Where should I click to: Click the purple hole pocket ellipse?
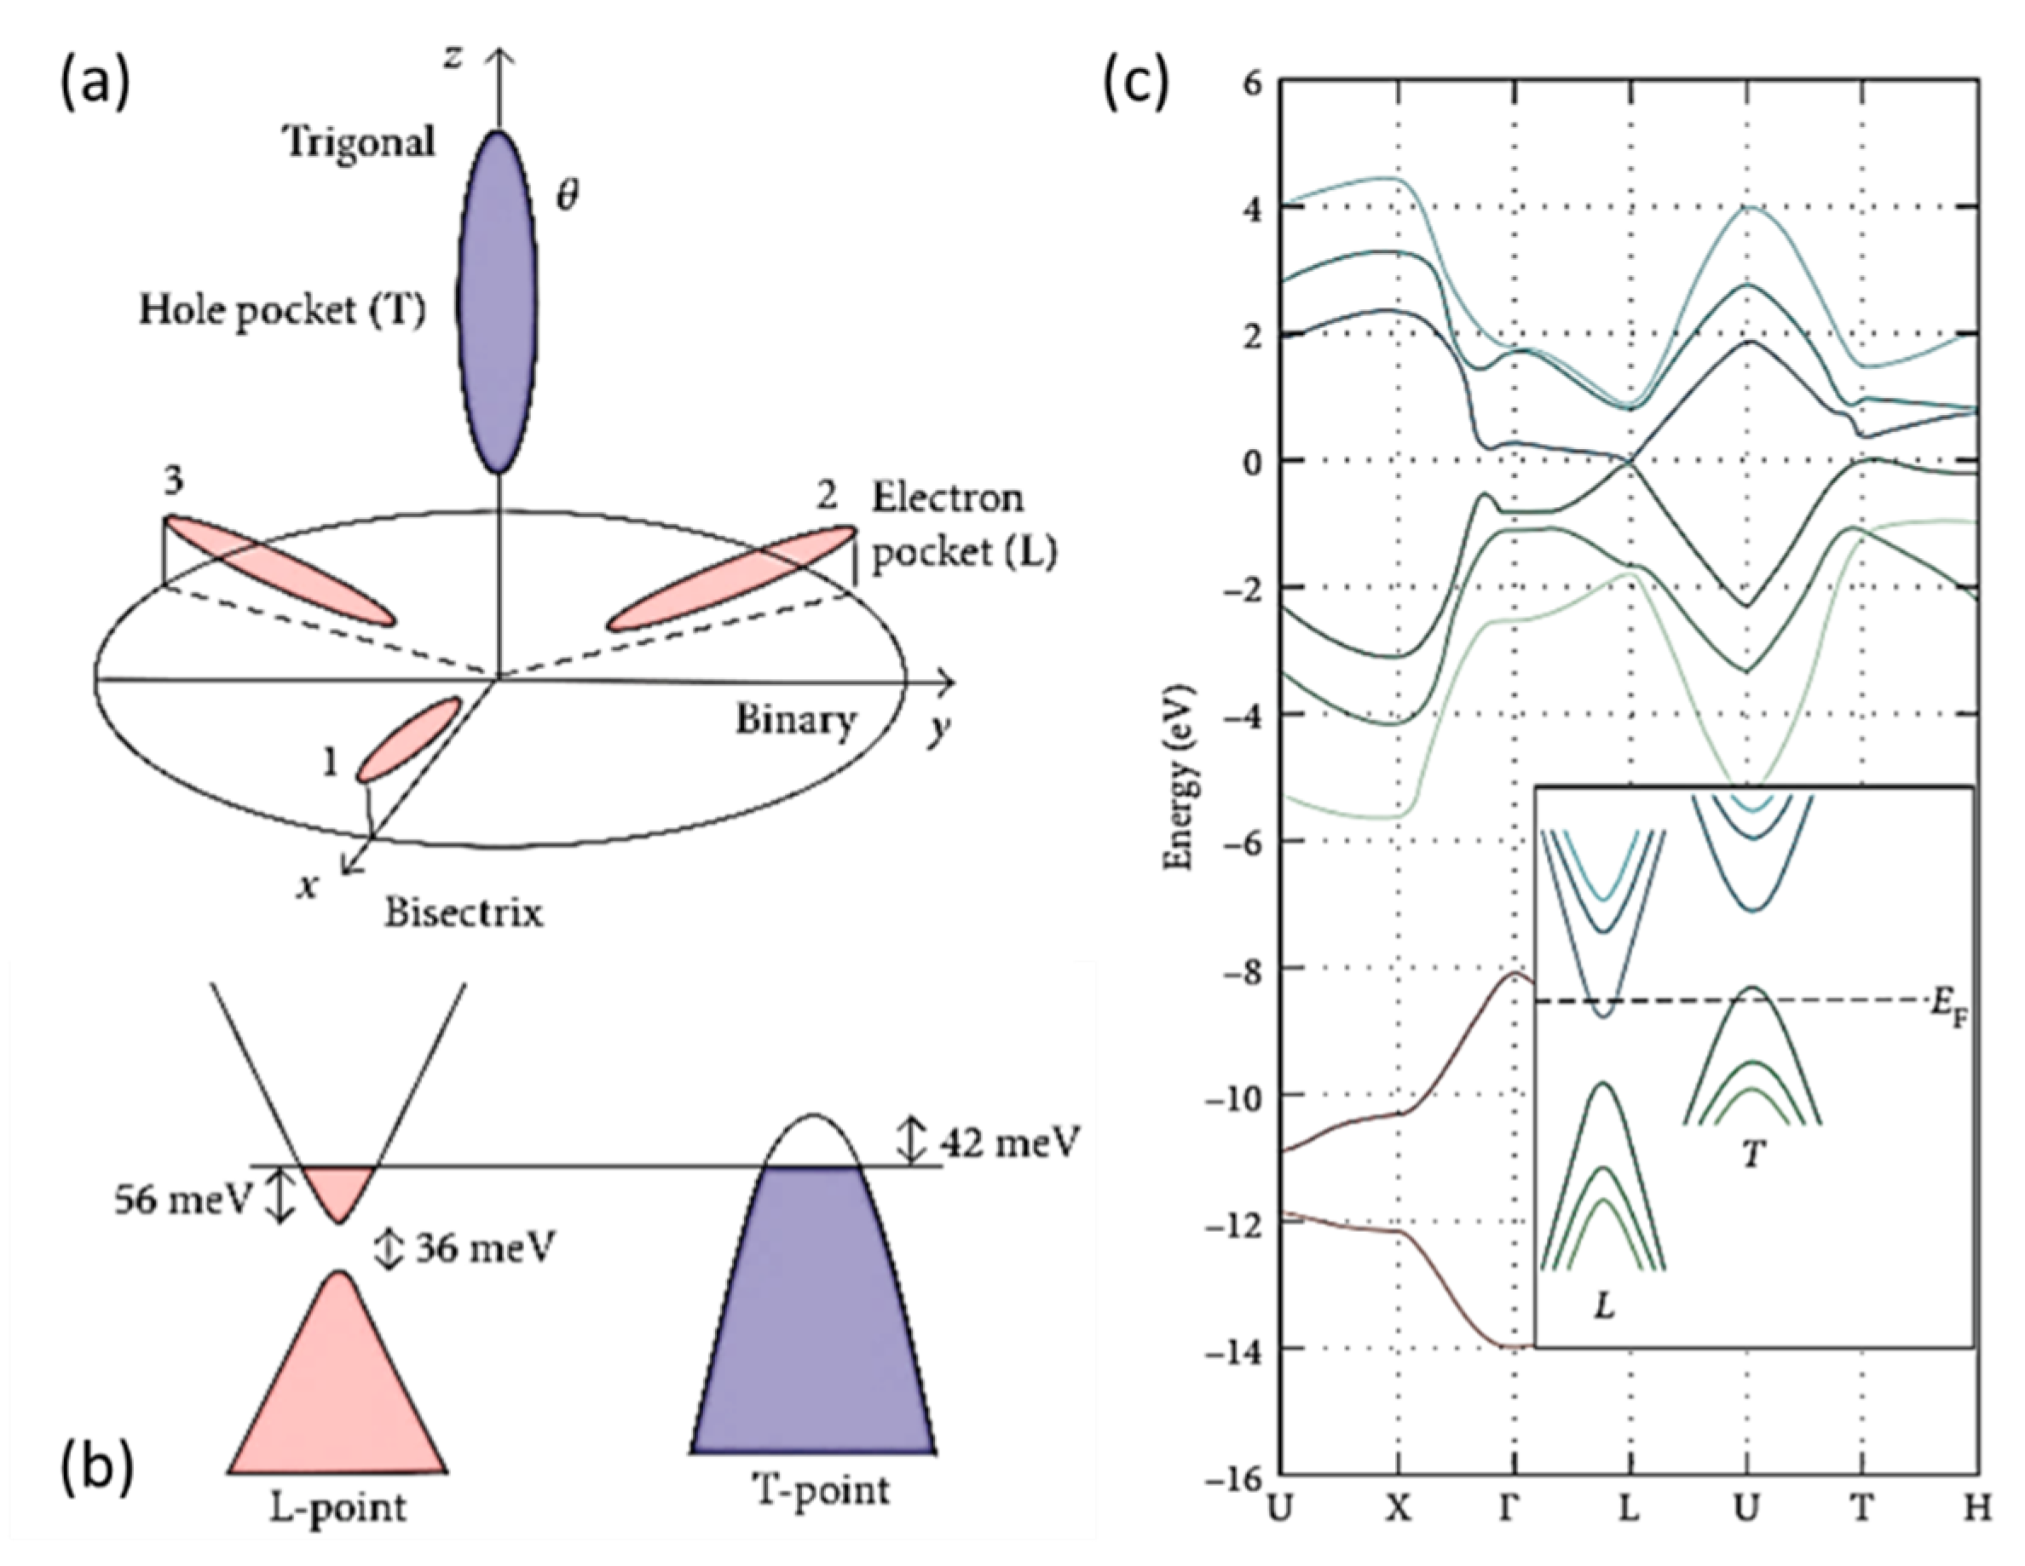tap(498, 302)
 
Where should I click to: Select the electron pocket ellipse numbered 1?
tap(409, 739)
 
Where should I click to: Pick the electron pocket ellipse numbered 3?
tap(280, 570)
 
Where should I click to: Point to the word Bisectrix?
tap(464, 913)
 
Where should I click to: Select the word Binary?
tap(795, 721)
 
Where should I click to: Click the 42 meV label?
tap(1010, 1142)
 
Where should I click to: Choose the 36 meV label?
tap(484, 1248)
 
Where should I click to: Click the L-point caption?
tap(338, 1507)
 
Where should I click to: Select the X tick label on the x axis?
tap(1397, 1509)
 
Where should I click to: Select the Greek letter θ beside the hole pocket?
tap(567, 197)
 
